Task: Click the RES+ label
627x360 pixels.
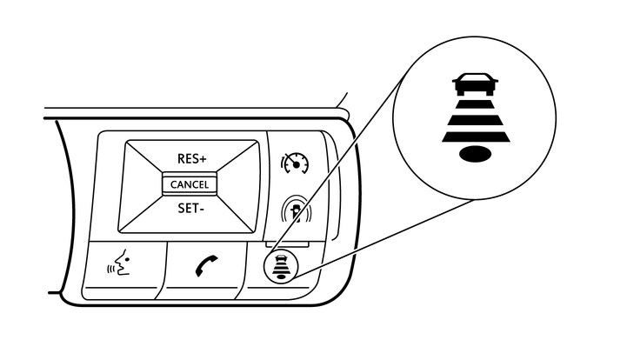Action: [192, 159]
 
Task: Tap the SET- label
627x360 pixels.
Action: [190, 209]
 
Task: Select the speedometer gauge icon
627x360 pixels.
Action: [296, 163]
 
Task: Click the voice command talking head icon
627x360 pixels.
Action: [119, 263]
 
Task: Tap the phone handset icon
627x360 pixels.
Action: [207, 266]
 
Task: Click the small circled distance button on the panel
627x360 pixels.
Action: [281, 267]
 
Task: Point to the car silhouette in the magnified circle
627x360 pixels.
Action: [475, 84]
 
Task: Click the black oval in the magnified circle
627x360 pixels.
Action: [475, 154]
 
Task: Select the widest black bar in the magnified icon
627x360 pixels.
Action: [476, 138]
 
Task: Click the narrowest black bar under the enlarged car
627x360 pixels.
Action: [476, 104]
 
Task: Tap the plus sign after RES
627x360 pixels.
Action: [203, 160]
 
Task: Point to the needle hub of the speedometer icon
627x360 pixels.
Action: [297, 165]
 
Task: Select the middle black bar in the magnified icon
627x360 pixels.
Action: [476, 120]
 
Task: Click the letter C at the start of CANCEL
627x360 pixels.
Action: [173, 185]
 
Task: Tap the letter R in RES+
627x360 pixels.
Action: [181, 159]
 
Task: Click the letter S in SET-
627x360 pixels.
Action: [181, 209]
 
